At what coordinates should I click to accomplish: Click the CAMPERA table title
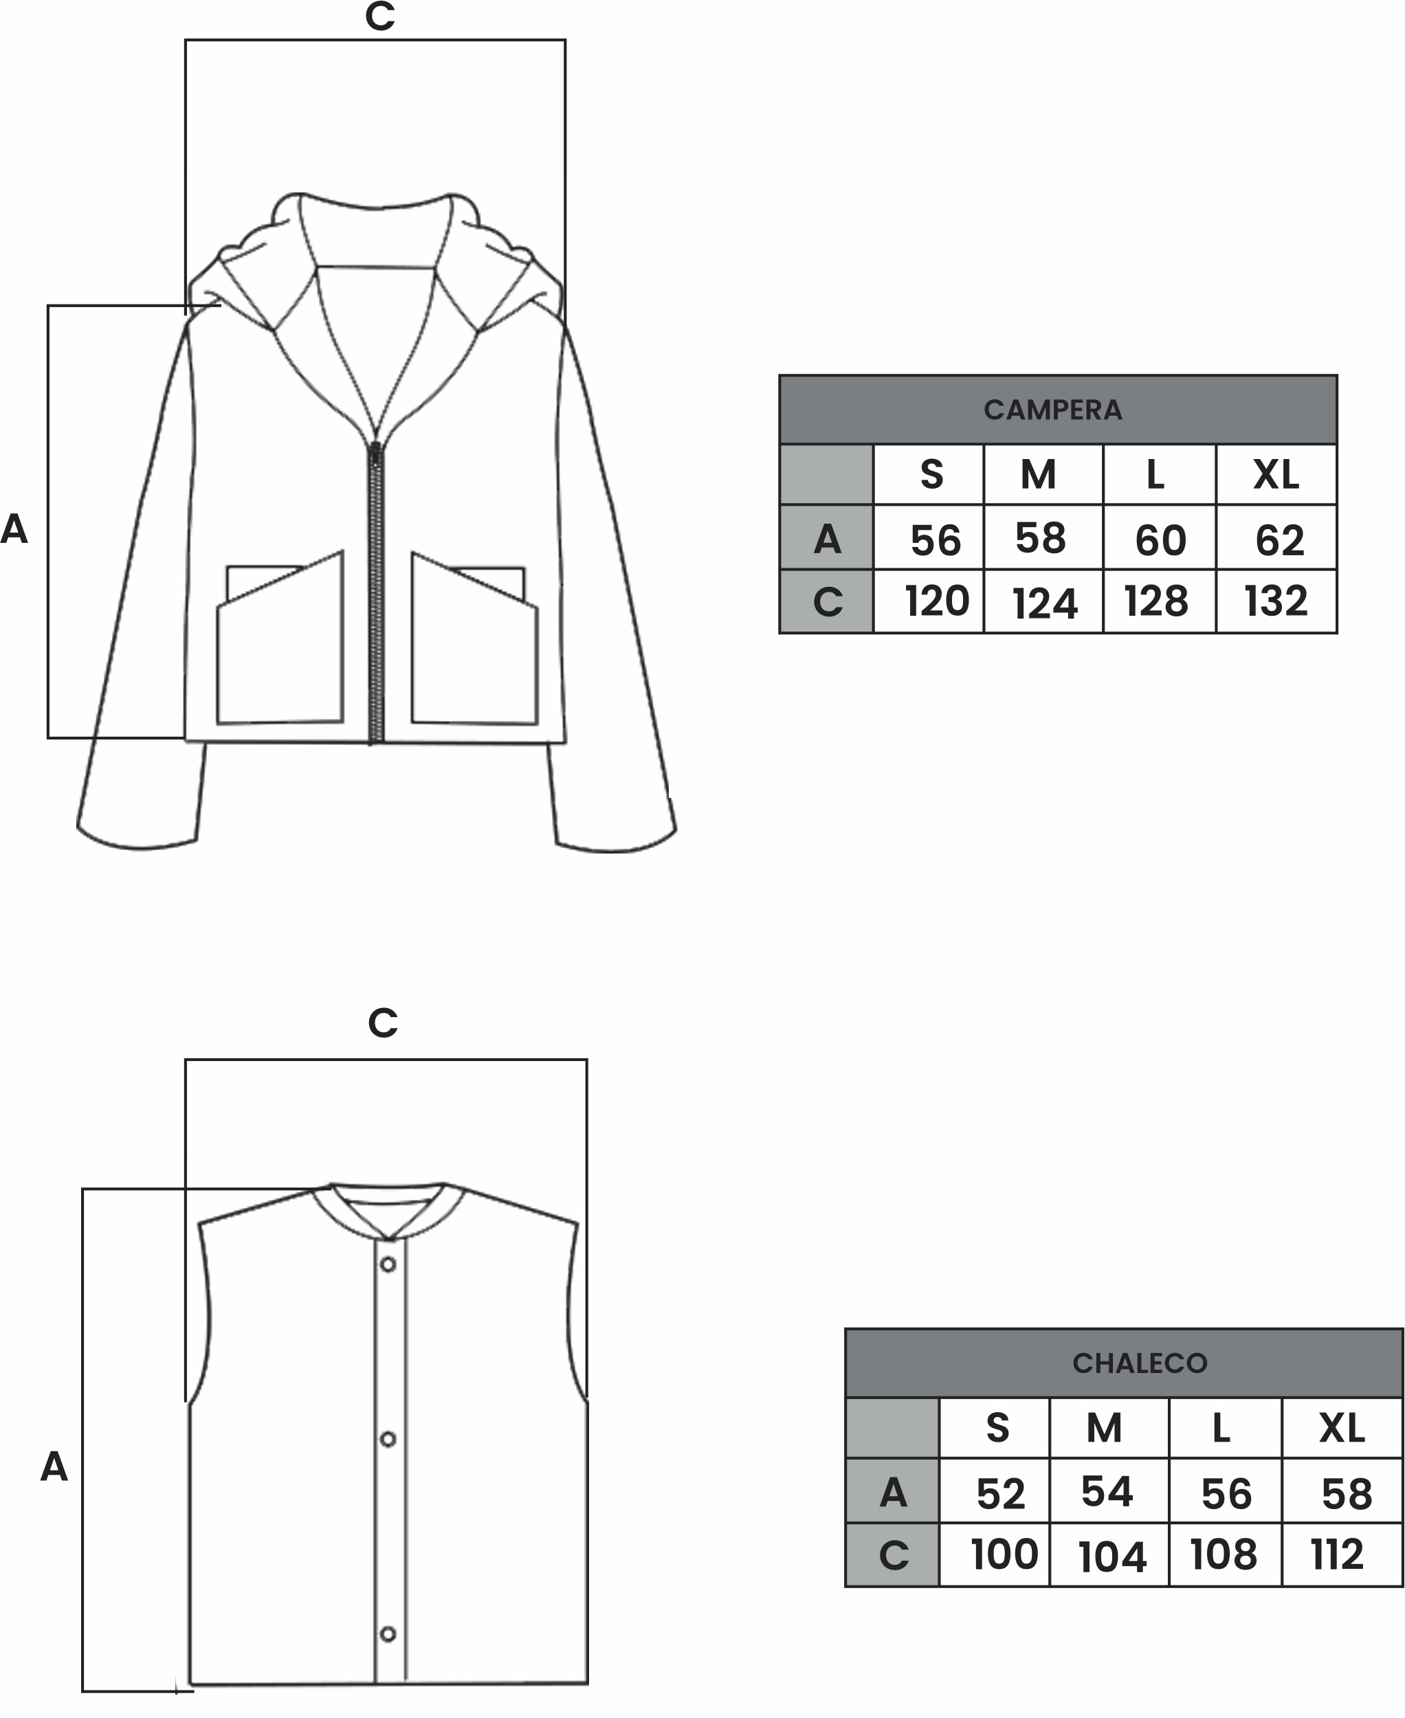[1052, 410]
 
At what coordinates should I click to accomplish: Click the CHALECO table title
[1140, 1363]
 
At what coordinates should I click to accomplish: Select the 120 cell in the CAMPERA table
[936, 601]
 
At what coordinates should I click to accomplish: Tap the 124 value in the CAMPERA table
[1045, 603]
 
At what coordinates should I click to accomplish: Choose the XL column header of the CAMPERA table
[1276, 474]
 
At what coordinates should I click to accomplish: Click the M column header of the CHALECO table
[1104, 1428]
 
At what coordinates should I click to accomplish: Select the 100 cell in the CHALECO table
[1004, 1554]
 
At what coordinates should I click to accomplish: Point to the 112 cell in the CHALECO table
[1337, 1554]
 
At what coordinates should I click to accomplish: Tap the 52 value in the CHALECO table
[1000, 1494]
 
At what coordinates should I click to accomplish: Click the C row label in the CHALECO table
[894, 1555]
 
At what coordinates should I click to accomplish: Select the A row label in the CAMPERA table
[827, 539]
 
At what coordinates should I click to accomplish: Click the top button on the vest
[388, 1264]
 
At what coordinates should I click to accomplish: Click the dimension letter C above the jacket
[379, 16]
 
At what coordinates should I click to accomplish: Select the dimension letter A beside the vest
[54, 1466]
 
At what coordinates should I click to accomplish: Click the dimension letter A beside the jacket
[14, 529]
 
